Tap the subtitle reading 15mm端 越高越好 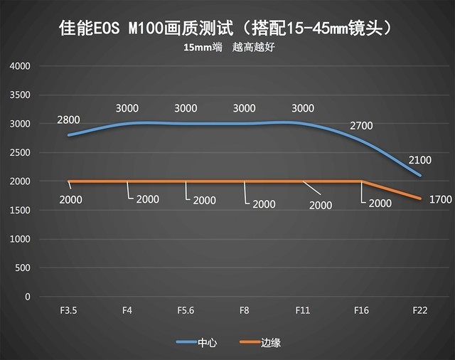(227, 48)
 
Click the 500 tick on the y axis (23, 268)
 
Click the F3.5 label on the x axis (68, 310)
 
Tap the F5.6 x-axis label (186, 310)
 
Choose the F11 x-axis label (303, 310)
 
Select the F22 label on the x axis (420, 310)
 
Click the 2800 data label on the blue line (69, 120)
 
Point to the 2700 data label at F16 (361, 126)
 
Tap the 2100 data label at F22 (419, 160)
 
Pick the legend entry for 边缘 (259, 343)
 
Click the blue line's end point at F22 (421, 175)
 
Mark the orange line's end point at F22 (421, 198)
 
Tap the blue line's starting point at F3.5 (68, 135)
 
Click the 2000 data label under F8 (264, 204)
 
